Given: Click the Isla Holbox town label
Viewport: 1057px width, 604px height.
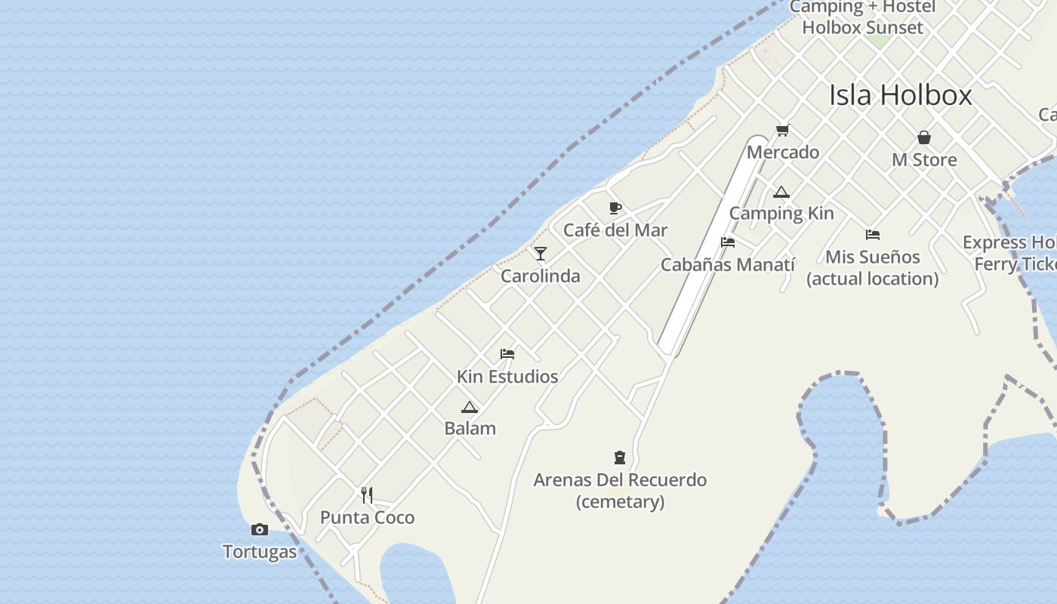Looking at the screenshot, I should (x=900, y=95).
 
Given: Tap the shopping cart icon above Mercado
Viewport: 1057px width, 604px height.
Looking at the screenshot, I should (x=783, y=131).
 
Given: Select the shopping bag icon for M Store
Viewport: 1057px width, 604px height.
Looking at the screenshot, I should (x=924, y=137).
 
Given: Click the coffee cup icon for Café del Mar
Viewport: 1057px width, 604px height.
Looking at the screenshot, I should (x=615, y=208).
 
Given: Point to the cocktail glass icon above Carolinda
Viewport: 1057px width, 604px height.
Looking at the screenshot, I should (x=541, y=253).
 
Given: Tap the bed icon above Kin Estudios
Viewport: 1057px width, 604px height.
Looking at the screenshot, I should (x=507, y=353).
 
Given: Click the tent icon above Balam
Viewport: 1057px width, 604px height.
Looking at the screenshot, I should (x=470, y=407).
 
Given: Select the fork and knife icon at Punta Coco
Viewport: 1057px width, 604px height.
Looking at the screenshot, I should (x=367, y=495).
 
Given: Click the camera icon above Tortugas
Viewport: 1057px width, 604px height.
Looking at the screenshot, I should (x=260, y=530).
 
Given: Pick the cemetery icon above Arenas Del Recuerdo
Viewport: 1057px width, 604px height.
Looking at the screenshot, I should (x=620, y=457).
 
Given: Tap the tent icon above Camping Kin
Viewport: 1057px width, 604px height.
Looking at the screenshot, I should (x=781, y=192).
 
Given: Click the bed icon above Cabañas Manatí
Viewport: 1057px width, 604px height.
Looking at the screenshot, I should (x=728, y=242).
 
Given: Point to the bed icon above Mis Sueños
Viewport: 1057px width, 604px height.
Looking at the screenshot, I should (x=873, y=235).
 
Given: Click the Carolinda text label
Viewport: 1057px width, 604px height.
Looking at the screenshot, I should (x=541, y=276).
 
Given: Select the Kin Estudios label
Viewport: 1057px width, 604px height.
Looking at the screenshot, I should (x=507, y=376).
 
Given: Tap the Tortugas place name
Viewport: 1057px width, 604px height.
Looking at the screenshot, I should (x=260, y=552).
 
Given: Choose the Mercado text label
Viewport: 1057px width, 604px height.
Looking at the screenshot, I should (x=783, y=153).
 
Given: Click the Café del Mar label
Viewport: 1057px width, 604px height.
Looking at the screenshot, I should (x=615, y=230).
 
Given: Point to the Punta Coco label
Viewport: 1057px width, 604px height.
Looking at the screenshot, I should (x=367, y=518).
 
